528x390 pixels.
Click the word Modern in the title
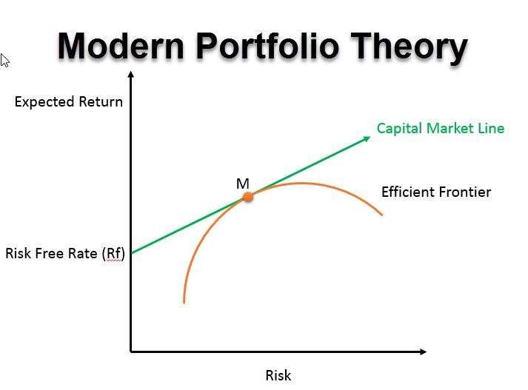pos(121,46)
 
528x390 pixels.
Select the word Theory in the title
pos(409,49)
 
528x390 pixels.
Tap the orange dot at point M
pos(248,197)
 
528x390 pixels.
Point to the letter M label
pos(242,184)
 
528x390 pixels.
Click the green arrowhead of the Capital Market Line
pos(367,138)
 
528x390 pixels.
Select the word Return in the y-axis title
pos(101,101)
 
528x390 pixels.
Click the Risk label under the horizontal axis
pos(278,375)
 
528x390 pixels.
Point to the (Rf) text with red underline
pos(113,254)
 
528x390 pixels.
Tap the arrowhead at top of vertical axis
pos(131,74)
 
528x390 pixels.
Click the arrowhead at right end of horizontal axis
pos(424,352)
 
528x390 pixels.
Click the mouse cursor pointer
pos(4,60)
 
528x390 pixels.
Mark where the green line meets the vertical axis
pos(131,252)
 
